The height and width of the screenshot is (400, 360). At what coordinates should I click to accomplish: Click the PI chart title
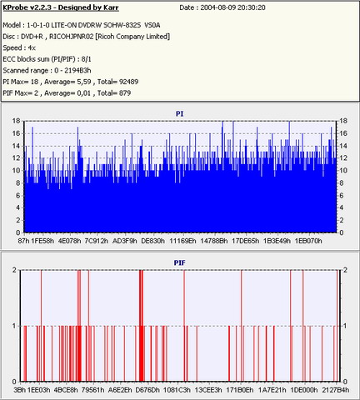pyautogui.click(x=179, y=113)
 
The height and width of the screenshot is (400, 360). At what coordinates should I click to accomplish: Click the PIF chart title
pyautogui.click(x=179, y=262)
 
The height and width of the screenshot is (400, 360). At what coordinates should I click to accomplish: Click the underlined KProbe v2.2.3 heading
pyautogui.click(x=61, y=7)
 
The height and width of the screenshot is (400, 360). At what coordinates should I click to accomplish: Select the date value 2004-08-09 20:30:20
pyautogui.click(x=232, y=7)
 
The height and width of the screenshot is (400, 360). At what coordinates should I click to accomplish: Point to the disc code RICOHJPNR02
pyautogui.click(x=72, y=37)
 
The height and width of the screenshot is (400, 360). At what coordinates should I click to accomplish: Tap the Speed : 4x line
pyautogui.click(x=19, y=48)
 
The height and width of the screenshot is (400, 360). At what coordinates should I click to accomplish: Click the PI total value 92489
pyautogui.click(x=128, y=82)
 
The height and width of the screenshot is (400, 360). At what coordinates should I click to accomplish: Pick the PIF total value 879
pyautogui.click(x=125, y=93)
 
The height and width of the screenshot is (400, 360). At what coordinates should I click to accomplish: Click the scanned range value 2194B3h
pyautogui.click(x=77, y=71)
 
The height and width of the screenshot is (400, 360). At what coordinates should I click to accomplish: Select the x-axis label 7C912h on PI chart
pyautogui.click(x=97, y=241)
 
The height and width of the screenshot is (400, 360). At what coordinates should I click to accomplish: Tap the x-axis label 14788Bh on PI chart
pyautogui.click(x=214, y=241)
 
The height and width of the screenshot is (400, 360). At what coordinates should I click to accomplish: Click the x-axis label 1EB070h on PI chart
pyautogui.click(x=308, y=241)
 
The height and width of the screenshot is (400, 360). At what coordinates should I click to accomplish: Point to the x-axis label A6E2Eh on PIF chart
pyautogui.click(x=120, y=390)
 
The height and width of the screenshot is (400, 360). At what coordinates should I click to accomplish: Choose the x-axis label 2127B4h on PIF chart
pyautogui.click(x=336, y=390)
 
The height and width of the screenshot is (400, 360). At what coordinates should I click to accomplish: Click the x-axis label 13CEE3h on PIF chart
pyautogui.click(x=208, y=390)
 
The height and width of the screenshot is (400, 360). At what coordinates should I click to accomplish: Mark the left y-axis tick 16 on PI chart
pyautogui.click(x=16, y=133)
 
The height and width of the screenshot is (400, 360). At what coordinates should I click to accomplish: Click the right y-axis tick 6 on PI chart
pyautogui.click(x=341, y=196)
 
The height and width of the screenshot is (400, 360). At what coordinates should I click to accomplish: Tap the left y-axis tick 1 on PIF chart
pyautogui.click(x=14, y=326)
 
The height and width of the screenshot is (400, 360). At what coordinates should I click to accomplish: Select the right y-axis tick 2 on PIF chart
pyautogui.click(x=345, y=270)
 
